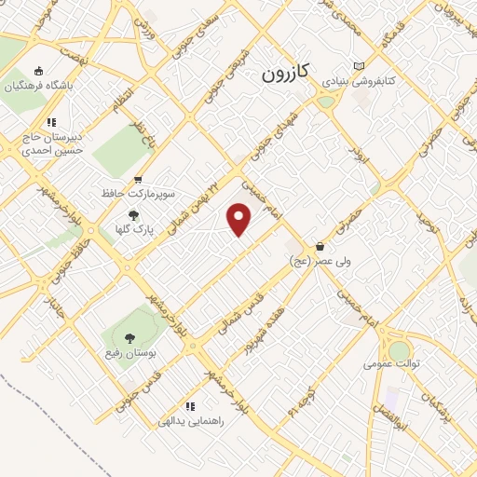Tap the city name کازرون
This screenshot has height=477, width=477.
click(286, 71)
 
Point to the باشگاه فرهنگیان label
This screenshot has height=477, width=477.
click(38, 85)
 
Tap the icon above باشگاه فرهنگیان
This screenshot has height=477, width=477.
click(38, 71)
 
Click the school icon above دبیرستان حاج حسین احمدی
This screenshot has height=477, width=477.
click(51, 121)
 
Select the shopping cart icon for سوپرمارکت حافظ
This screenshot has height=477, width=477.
click(138, 180)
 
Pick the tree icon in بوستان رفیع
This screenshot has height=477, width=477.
click(127, 340)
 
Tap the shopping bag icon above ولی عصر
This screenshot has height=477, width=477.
click(320, 247)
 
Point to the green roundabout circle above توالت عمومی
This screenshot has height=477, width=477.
click(399, 350)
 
